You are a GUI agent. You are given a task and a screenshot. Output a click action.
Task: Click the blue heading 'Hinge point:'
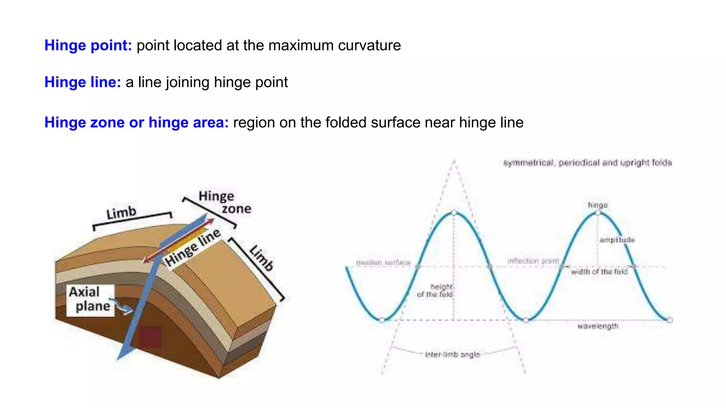coord(88,45)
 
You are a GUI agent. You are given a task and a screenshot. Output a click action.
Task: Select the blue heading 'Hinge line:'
coord(83,82)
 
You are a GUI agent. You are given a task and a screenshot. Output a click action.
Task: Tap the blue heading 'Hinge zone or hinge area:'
coord(136,123)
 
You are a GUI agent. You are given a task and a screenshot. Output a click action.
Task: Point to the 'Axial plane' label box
coord(90,300)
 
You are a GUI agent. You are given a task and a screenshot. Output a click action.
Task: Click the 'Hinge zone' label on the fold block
coord(225,202)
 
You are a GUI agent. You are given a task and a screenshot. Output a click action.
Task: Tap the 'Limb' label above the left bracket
coord(121,213)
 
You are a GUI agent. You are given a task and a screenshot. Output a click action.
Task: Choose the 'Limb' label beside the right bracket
coord(262,257)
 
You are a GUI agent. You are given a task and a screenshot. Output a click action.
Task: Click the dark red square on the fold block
coord(150,336)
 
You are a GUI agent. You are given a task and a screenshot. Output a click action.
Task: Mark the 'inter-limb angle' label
coord(452,355)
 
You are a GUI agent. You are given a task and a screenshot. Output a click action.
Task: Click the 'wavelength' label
coord(598,326)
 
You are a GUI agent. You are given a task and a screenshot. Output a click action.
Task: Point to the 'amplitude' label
coord(617,240)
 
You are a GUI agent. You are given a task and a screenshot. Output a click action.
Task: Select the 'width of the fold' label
coord(599,272)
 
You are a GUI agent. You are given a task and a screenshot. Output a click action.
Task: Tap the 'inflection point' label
coord(533,261)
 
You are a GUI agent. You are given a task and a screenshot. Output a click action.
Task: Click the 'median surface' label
coord(383,262)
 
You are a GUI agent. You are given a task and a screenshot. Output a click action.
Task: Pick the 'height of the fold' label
coord(435,290)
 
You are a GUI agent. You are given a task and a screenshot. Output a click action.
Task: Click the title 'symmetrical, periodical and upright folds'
coord(587,163)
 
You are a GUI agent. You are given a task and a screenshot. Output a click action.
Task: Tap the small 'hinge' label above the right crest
coord(598,205)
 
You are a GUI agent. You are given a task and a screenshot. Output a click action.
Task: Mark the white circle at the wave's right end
coord(670,320)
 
